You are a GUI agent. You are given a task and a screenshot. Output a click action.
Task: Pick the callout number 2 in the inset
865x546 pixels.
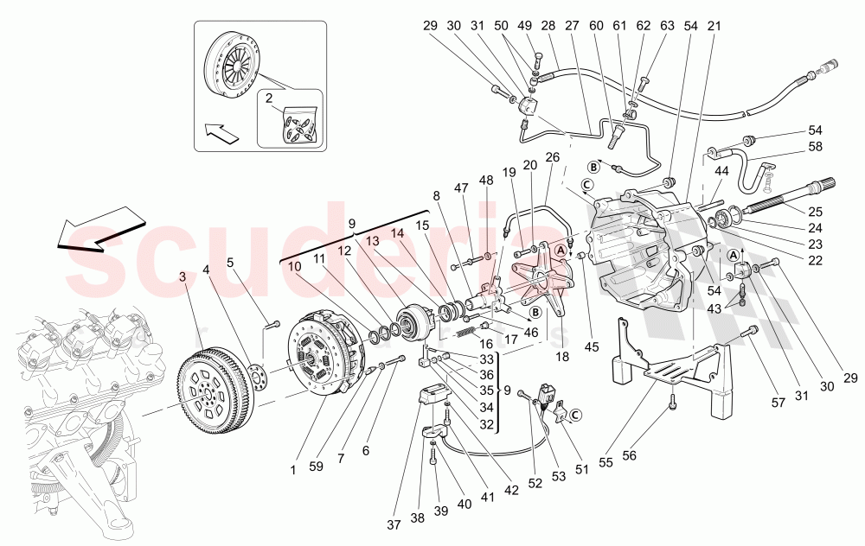point(268,99)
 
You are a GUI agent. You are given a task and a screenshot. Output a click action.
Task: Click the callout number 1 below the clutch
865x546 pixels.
point(292,470)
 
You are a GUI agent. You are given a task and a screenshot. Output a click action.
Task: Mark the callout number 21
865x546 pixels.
point(713,27)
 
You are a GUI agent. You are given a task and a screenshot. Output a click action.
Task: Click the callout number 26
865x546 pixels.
point(552,158)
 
